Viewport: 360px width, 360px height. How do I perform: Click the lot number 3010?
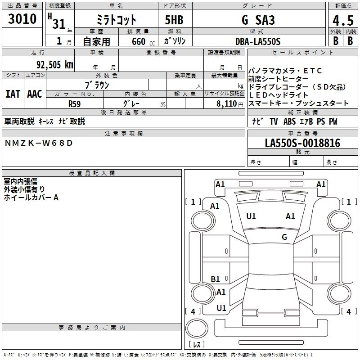(x=22, y=19)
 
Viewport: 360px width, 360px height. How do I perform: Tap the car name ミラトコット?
(x=117, y=21)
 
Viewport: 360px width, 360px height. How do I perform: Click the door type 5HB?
(x=175, y=21)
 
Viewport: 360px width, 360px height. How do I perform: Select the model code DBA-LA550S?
(x=258, y=41)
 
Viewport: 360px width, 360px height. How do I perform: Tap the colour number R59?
(x=74, y=103)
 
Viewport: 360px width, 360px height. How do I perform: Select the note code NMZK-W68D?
(x=38, y=143)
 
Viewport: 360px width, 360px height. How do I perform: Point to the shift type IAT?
(x=13, y=94)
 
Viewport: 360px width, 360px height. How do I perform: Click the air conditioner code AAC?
(x=34, y=94)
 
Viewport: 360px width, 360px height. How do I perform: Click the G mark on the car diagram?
(x=284, y=237)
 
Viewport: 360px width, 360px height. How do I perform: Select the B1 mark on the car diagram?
(x=216, y=279)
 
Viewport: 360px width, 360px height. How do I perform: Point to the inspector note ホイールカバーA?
(x=31, y=198)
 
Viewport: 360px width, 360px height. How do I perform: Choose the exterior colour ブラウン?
(x=97, y=85)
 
